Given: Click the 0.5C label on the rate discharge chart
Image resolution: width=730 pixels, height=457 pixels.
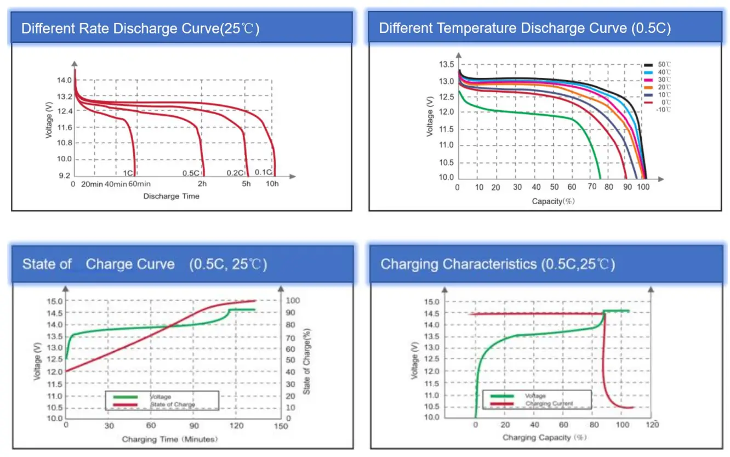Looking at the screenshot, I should [x=191, y=173].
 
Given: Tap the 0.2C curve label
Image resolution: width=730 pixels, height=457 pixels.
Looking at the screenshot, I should [x=235, y=173].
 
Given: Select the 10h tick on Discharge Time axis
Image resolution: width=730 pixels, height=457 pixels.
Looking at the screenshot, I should [x=272, y=184].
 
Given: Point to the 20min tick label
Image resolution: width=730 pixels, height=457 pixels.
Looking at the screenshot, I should [x=92, y=184].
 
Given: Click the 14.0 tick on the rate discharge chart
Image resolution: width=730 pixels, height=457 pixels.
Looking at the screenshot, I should [x=65, y=80].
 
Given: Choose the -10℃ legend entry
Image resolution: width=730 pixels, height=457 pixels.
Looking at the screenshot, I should [x=664, y=110].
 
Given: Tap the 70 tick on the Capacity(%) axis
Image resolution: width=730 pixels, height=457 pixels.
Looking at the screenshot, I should [x=592, y=188].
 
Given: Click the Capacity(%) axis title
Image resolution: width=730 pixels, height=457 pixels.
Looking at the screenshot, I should [x=553, y=201].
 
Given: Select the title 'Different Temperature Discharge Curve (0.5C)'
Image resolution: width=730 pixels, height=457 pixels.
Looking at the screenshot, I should [x=524, y=29].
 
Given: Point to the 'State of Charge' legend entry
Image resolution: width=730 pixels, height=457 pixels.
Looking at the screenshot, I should [x=172, y=405].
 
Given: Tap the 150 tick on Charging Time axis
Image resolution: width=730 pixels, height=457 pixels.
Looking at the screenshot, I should [x=281, y=426].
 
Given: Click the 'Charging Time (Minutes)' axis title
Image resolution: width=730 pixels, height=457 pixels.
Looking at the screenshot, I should [x=169, y=439].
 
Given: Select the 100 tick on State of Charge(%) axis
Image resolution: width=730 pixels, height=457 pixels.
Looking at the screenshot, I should [x=294, y=301].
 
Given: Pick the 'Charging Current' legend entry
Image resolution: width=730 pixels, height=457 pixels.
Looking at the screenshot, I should [x=549, y=403].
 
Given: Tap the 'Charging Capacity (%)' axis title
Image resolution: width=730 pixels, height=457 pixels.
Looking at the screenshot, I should [x=545, y=438].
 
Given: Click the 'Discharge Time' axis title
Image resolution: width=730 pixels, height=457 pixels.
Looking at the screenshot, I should [x=171, y=196].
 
